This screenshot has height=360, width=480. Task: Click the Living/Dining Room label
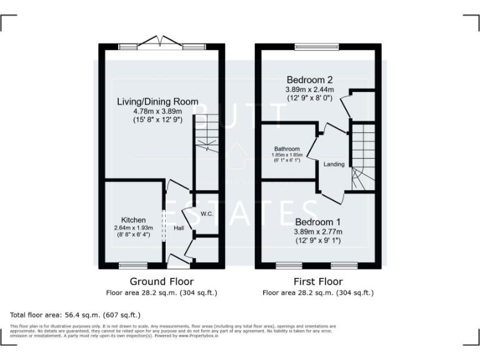click(x=157, y=101)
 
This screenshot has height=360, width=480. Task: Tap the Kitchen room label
click(x=134, y=220)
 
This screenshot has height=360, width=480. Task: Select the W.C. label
click(x=207, y=214)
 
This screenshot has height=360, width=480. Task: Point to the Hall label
click(x=179, y=228)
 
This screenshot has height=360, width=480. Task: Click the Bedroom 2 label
click(x=309, y=80)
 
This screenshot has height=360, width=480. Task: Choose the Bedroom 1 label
click(x=318, y=222)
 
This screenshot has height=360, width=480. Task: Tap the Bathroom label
click(x=287, y=149)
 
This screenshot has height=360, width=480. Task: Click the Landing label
click(x=334, y=164)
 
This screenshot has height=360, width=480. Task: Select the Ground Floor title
click(x=161, y=281)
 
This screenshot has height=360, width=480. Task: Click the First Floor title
click(x=319, y=281)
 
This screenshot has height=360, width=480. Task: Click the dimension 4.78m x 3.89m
click(x=157, y=111)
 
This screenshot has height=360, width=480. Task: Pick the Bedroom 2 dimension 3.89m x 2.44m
click(x=310, y=90)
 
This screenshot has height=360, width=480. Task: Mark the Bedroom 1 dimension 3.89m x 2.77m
click(x=319, y=232)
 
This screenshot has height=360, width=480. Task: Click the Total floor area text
click(x=76, y=315)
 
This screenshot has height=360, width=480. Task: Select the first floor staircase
click(x=362, y=156)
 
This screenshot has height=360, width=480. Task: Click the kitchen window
click(x=133, y=265)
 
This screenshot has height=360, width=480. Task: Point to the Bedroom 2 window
click(x=317, y=46)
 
